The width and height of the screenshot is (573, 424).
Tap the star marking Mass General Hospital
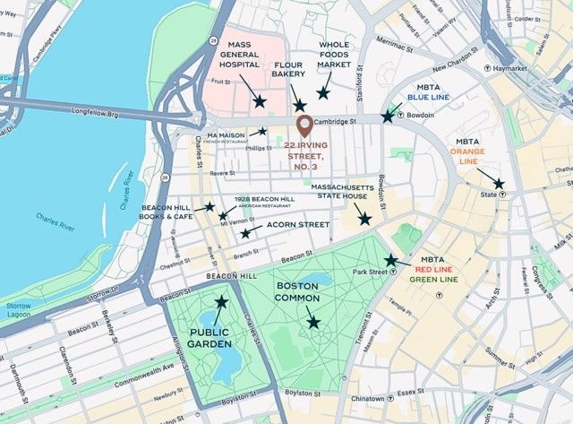[259, 101]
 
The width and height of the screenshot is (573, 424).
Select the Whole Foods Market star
[323, 91]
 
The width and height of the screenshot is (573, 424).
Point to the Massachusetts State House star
[363, 218]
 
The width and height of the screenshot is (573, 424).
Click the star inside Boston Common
[313, 322]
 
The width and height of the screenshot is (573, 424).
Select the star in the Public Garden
[221, 302]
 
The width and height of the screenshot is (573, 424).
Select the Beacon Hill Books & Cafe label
[167, 212]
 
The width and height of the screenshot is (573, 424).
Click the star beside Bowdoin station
[388, 116]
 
